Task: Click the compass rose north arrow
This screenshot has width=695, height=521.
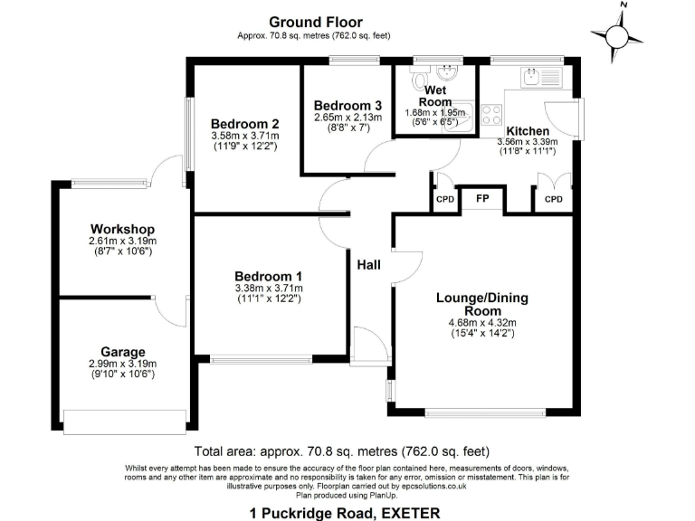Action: [619, 33]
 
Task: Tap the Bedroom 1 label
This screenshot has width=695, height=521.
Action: [268, 276]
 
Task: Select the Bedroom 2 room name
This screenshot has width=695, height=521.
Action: [244, 124]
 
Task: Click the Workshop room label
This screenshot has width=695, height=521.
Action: [122, 229]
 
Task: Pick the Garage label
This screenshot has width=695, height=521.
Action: [122, 352]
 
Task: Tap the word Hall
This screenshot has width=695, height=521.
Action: [369, 265]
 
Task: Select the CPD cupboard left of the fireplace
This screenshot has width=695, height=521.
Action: [444, 199]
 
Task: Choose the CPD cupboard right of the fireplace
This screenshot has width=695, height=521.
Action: [553, 199]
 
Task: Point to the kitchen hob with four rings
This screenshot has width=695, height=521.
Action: [493, 115]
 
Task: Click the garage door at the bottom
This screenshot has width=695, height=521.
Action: [124, 421]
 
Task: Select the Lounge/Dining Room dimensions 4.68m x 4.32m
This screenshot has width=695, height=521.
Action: [481, 322]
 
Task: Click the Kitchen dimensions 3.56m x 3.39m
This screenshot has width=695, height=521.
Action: [527, 142]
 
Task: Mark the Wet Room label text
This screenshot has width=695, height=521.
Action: [435, 96]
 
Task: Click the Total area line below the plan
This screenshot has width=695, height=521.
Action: [342, 450]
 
